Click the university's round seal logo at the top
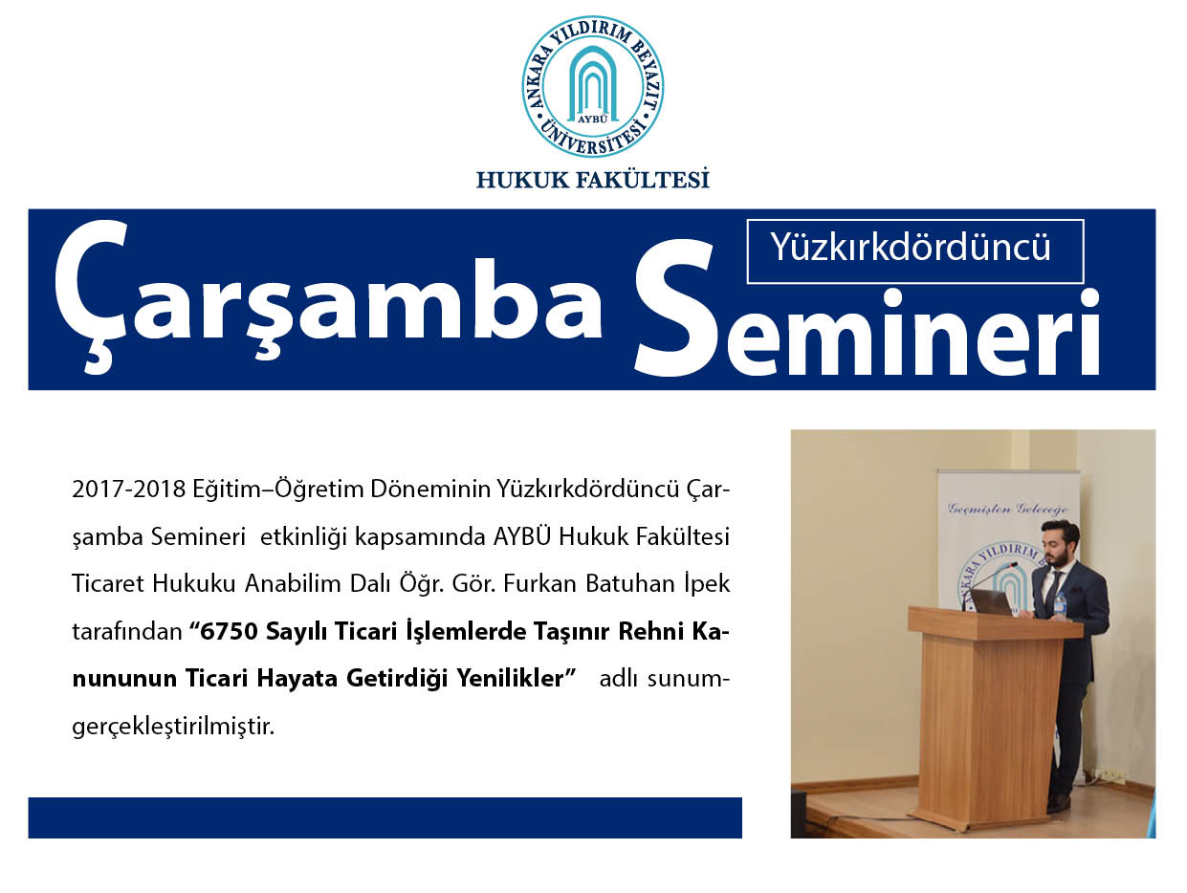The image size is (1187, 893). tap(593, 86)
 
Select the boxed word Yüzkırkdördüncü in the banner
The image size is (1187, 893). tap(911, 248)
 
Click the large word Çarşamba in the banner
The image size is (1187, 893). tap(328, 297)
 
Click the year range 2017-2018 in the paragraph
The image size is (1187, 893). tap(129, 490)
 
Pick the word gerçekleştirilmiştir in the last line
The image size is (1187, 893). tap(173, 727)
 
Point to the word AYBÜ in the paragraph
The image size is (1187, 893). tap(522, 536)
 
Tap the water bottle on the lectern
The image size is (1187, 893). tap(1060, 606)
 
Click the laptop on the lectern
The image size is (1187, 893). tap(991, 602)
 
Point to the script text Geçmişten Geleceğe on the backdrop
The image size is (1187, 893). tap(1008, 509)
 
